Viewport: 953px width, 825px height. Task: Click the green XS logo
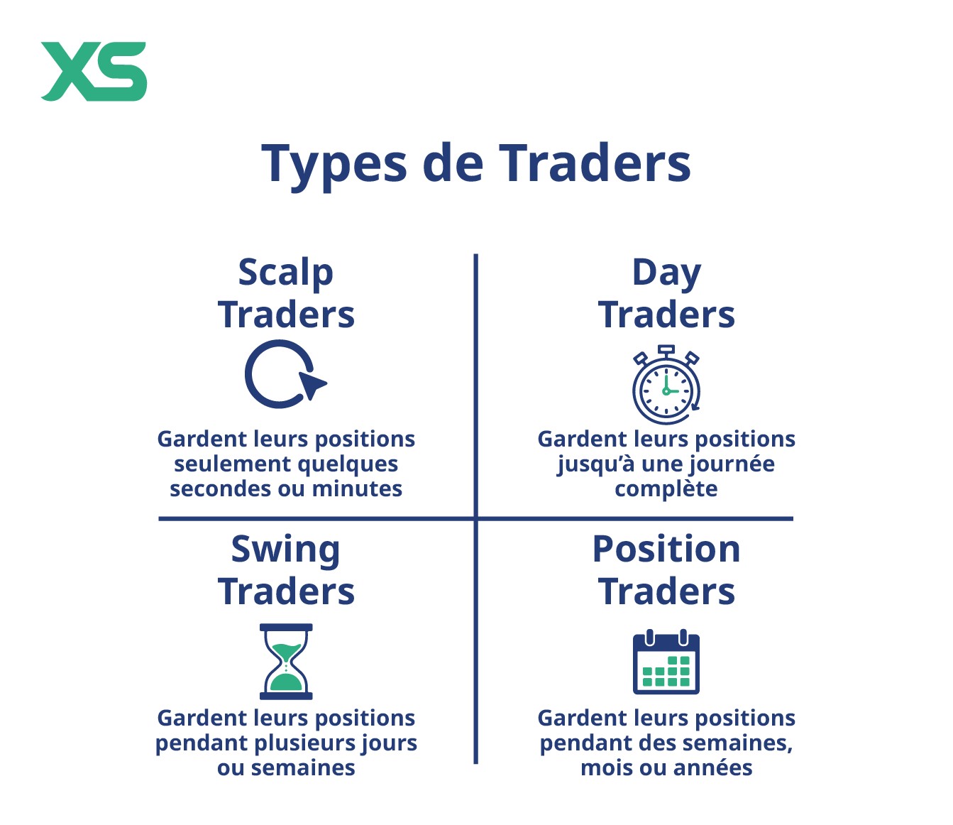94,72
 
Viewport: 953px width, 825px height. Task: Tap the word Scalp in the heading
286,274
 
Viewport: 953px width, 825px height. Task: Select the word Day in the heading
666,274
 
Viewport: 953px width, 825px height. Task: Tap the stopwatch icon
666,384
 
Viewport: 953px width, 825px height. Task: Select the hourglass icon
286,662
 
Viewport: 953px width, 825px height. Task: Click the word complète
666,490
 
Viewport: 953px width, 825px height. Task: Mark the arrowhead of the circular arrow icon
312,385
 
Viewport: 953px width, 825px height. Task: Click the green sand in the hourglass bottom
286,682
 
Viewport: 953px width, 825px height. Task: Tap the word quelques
348,464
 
